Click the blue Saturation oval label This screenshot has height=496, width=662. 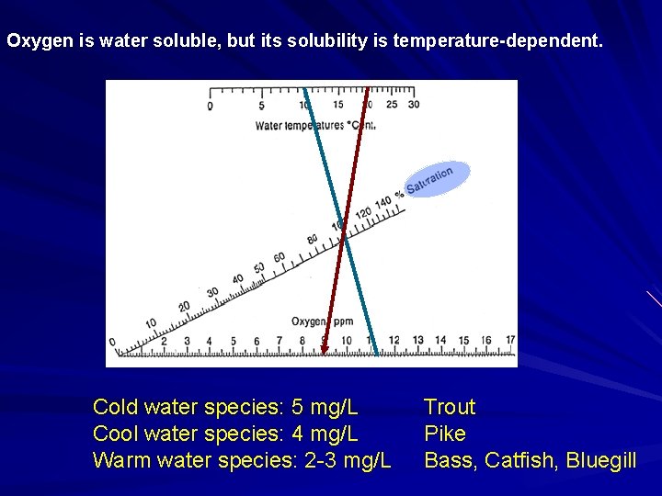click(x=436, y=179)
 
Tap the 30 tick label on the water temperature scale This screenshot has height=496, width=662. click(x=414, y=105)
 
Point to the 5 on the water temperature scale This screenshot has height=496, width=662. click(x=261, y=106)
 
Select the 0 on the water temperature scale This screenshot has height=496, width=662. click(x=210, y=107)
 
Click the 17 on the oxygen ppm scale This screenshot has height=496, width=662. click(x=510, y=340)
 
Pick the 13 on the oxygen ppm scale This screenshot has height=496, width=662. click(x=418, y=340)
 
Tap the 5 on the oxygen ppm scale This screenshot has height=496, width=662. click(x=233, y=341)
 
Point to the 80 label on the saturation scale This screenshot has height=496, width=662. click(x=313, y=240)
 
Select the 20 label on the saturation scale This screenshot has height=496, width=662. click(x=184, y=306)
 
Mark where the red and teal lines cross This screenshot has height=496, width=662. click(x=343, y=237)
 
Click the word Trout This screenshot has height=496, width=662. click(x=450, y=407)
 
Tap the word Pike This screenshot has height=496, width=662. click(x=445, y=434)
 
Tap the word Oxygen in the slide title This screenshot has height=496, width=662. click(x=35, y=41)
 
